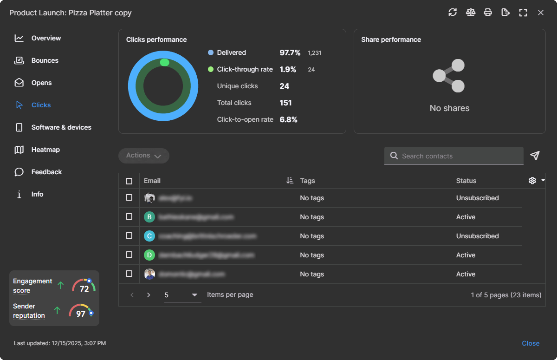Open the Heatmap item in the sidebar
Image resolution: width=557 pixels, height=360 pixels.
45,150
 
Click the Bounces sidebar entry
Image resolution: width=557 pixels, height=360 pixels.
45,60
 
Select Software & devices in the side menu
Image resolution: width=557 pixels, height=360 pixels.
61,127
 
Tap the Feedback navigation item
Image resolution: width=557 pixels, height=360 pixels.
46,172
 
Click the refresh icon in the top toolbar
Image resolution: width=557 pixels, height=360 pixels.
453,13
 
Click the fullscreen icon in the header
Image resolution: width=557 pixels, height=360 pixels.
523,13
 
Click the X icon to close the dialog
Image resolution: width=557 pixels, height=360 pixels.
541,13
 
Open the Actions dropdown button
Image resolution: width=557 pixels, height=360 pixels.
144,156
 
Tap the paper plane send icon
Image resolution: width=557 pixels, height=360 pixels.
535,156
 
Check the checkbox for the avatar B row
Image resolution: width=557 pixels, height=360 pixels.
129,217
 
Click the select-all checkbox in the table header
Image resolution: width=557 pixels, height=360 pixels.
129,181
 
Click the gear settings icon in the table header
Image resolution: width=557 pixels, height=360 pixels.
532,181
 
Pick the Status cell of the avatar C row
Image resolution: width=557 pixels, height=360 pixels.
477,236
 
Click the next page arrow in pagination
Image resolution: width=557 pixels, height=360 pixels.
149,295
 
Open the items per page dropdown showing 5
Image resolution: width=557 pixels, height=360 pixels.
182,295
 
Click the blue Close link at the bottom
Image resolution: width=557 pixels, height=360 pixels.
531,343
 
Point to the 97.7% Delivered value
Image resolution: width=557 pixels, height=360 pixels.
290,52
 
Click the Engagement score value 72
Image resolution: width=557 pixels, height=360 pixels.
84,288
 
